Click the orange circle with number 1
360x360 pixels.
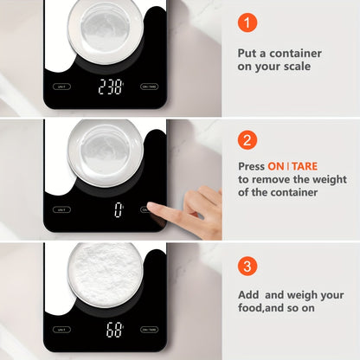coord(249,23)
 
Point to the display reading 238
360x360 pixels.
coord(111,87)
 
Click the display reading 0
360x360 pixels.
coord(119,209)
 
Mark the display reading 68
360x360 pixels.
coord(112,329)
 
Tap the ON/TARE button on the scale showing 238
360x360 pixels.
coord(150,87)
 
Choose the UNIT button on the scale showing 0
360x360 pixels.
coord(61,209)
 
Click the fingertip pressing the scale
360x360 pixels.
coord(151,207)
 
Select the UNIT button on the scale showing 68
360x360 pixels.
coord(61,330)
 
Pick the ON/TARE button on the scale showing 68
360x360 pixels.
coord(150,330)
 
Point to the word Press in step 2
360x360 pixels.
coord(252,164)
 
